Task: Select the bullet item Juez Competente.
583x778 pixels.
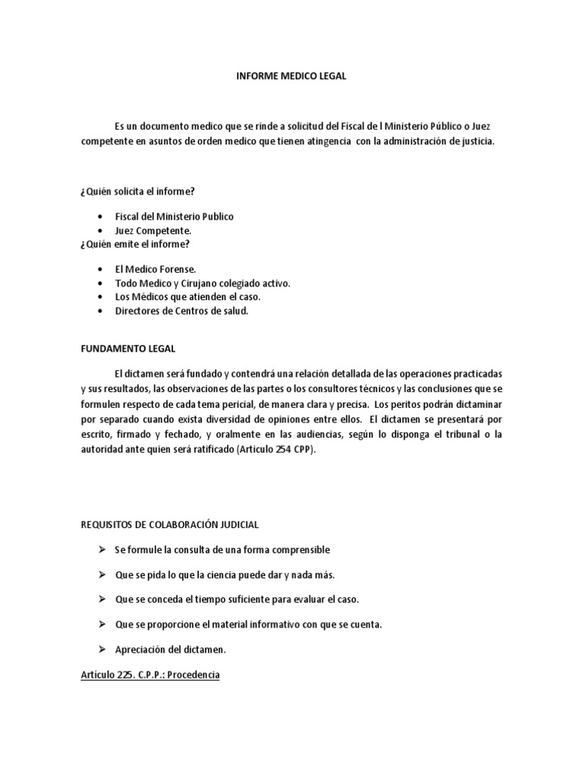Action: coord(153,229)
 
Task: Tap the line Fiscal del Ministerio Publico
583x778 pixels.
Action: coord(174,217)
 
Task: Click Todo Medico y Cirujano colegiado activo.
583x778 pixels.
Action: coord(203,283)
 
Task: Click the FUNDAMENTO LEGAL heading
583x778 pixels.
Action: coord(128,349)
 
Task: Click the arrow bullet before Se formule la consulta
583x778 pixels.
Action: coord(101,549)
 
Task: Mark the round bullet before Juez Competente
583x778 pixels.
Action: coord(100,230)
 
